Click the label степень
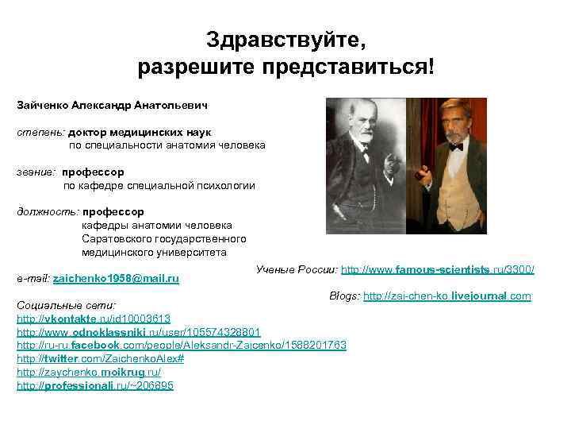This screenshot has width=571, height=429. tap(40, 132)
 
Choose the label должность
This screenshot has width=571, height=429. tap(48, 211)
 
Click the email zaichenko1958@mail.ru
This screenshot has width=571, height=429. tap(116, 279)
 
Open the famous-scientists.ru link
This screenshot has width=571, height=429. tap(437, 271)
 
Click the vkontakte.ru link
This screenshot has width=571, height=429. tap(94, 318)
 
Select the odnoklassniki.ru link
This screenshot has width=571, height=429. tap(138, 331)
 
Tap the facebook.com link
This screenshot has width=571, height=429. tap(182, 345)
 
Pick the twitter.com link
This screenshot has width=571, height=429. tap(100, 358)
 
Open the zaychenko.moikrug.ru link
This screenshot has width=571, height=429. tap(88, 372)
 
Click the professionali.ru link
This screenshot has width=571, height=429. tap(94, 385)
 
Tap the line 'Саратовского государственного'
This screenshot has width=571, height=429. tap(164, 238)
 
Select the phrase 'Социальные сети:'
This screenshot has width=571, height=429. tap(67, 305)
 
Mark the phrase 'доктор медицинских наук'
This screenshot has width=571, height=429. tap(140, 132)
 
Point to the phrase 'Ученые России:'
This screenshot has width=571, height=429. tap(297, 271)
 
